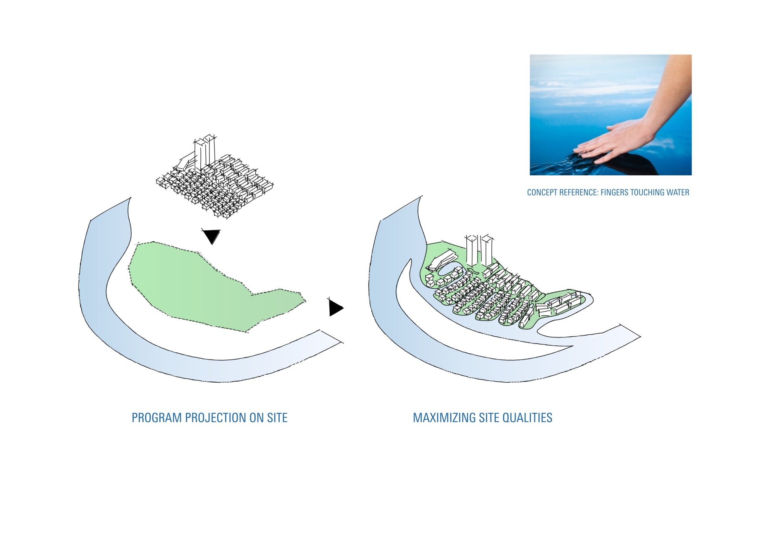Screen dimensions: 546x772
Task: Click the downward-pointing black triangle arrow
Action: (212, 236)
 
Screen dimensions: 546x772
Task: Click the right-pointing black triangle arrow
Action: (335, 308)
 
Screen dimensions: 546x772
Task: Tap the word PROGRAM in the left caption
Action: (156, 418)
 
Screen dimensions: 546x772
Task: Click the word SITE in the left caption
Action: (277, 418)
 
